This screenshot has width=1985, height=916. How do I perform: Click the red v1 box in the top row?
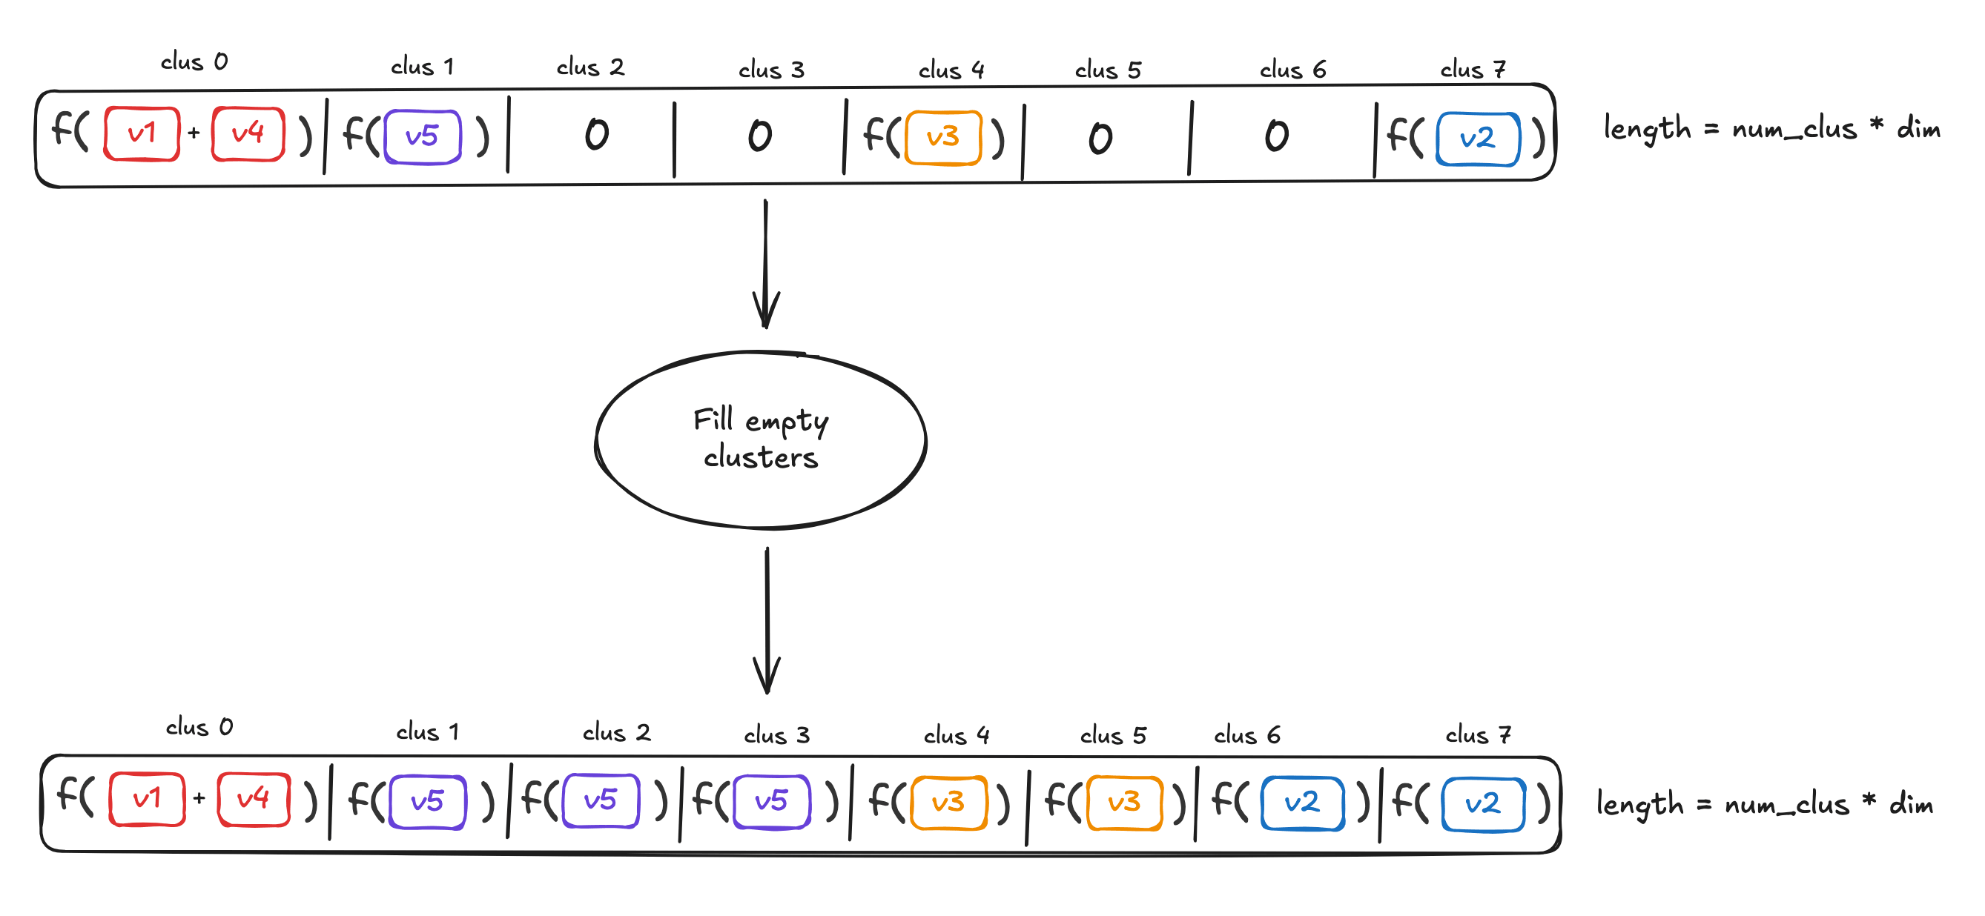coord(142,134)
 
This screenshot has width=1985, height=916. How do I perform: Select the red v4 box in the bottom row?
coord(254,799)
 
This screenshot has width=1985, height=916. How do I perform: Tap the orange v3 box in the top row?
coord(942,138)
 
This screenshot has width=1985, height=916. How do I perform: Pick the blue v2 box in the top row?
coord(1477,139)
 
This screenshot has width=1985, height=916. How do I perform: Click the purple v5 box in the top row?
coord(422,137)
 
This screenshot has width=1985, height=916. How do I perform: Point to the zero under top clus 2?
coord(596,135)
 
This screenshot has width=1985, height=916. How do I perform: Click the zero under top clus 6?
coord(1276,136)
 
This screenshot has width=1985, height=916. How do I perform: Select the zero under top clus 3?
coord(760,136)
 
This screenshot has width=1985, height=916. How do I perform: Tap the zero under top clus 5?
coord(1100,139)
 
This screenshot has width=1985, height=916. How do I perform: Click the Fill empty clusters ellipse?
coord(761,440)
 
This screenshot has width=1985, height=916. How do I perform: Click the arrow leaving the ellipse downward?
coord(767,620)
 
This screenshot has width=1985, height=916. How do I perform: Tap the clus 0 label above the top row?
coord(194,62)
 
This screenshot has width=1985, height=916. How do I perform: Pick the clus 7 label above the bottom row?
coord(1477,734)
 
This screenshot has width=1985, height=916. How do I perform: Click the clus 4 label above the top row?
coord(951,70)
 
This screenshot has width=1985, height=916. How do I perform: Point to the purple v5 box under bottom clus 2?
coord(601,800)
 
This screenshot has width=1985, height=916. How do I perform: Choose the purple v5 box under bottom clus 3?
coord(771,801)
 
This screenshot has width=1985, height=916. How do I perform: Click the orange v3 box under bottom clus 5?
coord(1123,803)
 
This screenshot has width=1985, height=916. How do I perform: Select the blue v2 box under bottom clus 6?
coord(1302,803)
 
